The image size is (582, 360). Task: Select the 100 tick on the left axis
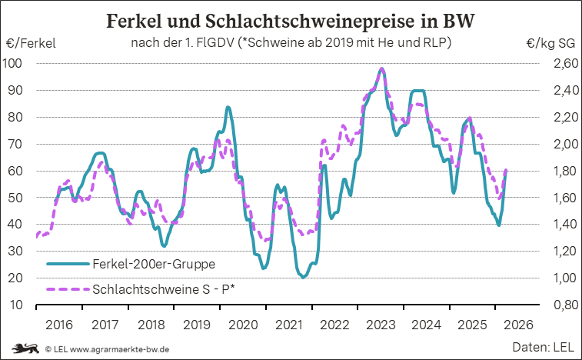pos(15,63)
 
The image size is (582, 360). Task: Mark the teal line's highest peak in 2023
pos(382,69)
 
